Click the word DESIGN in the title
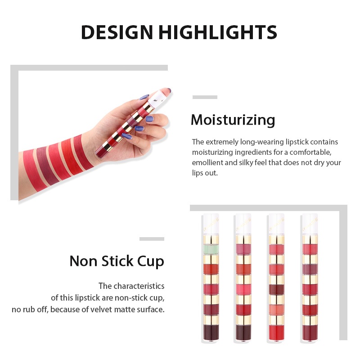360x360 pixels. pyautogui.click(x=117, y=32)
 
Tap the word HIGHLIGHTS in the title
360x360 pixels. pyautogui.click(x=218, y=32)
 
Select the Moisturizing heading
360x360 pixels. pyautogui.click(x=233, y=120)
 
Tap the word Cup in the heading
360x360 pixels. pyautogui.click(x=151, y=261)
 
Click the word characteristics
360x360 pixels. pyautogui.click(x=139, y=286)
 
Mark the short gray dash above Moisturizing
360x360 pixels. pyautogui.click(x=205, y=97)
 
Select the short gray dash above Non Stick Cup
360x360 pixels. pyautogui.click(x=152, y=239)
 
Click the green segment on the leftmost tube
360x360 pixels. pyautogui.click(x=211, y=249)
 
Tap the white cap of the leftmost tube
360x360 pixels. pyautogui.click(x=211, y=224)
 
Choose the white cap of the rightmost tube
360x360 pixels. pyautogui.click(x=310, y=224)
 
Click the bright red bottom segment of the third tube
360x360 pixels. pyautogui.click(x=277, y=333)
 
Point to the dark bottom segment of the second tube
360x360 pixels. pyautogui.click(x=243, y=333)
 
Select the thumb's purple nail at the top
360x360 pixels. pyautogui.click(x=168, y=90)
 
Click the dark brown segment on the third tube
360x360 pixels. pyautogui.click(x=277, y=289)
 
